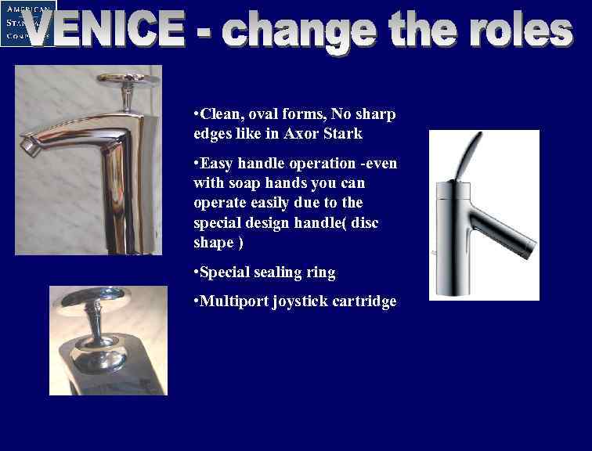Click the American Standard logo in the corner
pos(27,23)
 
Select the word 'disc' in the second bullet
pos(365,223)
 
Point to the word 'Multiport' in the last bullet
pos(233,301)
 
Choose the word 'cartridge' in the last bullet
pos(364,301)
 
